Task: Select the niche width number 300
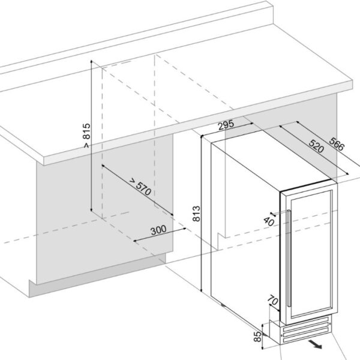[158, 230]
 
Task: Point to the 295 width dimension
[225, 125]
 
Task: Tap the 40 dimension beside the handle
[269, 221]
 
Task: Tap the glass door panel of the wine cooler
[312, 252]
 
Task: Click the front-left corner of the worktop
[46, 159]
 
